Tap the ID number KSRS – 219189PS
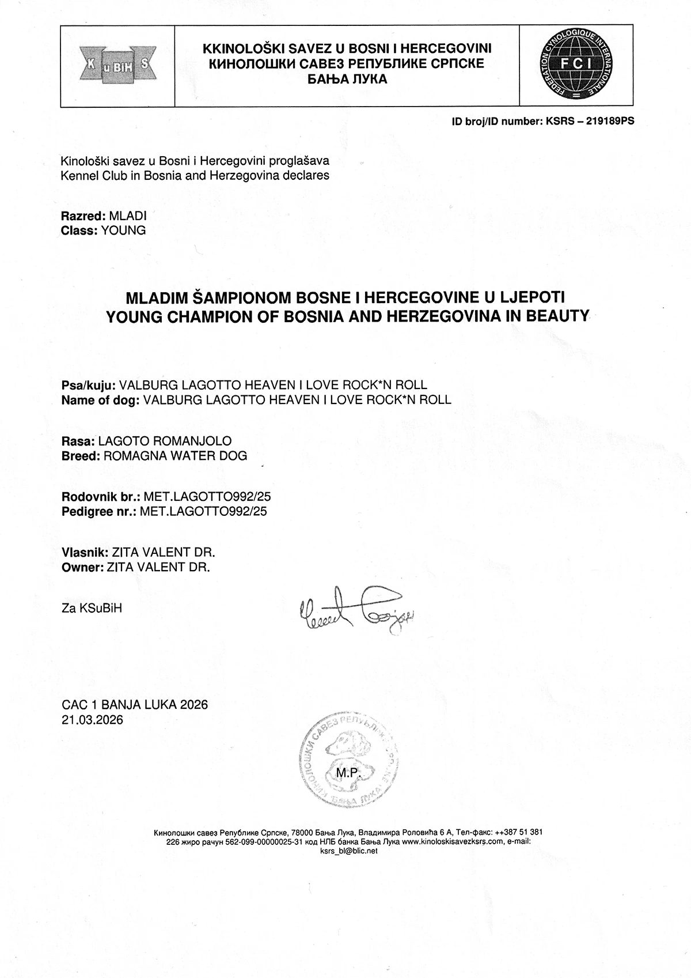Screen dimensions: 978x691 pos(586,122)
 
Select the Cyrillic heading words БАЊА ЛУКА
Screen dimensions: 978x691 pos(347,80)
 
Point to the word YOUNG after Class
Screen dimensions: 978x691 pos(123,231)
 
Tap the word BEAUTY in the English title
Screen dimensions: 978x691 pos(556,316)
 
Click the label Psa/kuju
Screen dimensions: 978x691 pos(89,386)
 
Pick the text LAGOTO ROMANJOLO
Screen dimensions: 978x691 pos(165,441)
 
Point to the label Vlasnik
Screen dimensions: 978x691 pos(81,553)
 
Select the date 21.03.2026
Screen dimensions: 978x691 pos(92,720)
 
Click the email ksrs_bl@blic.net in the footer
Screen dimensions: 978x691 pos(347,851)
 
